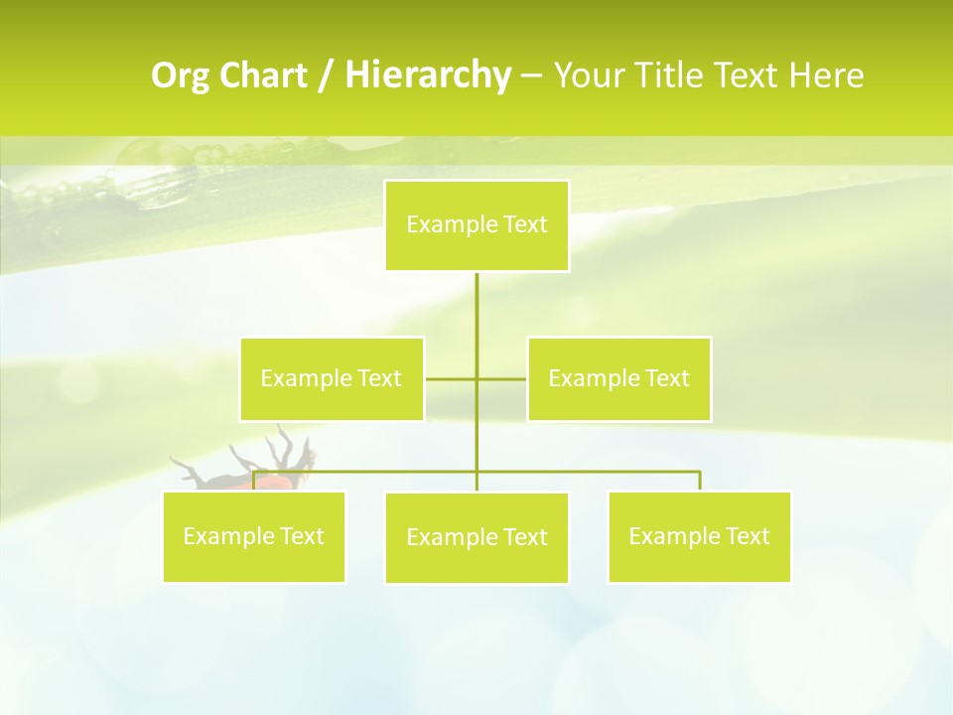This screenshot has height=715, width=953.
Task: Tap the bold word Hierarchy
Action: [427, 75]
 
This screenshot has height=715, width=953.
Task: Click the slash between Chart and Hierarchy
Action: [326, 76]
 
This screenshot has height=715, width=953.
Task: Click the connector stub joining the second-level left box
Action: [450, 378]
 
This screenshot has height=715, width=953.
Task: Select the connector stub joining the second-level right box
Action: [502, 378]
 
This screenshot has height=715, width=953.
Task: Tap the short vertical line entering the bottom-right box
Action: [699, 481]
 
